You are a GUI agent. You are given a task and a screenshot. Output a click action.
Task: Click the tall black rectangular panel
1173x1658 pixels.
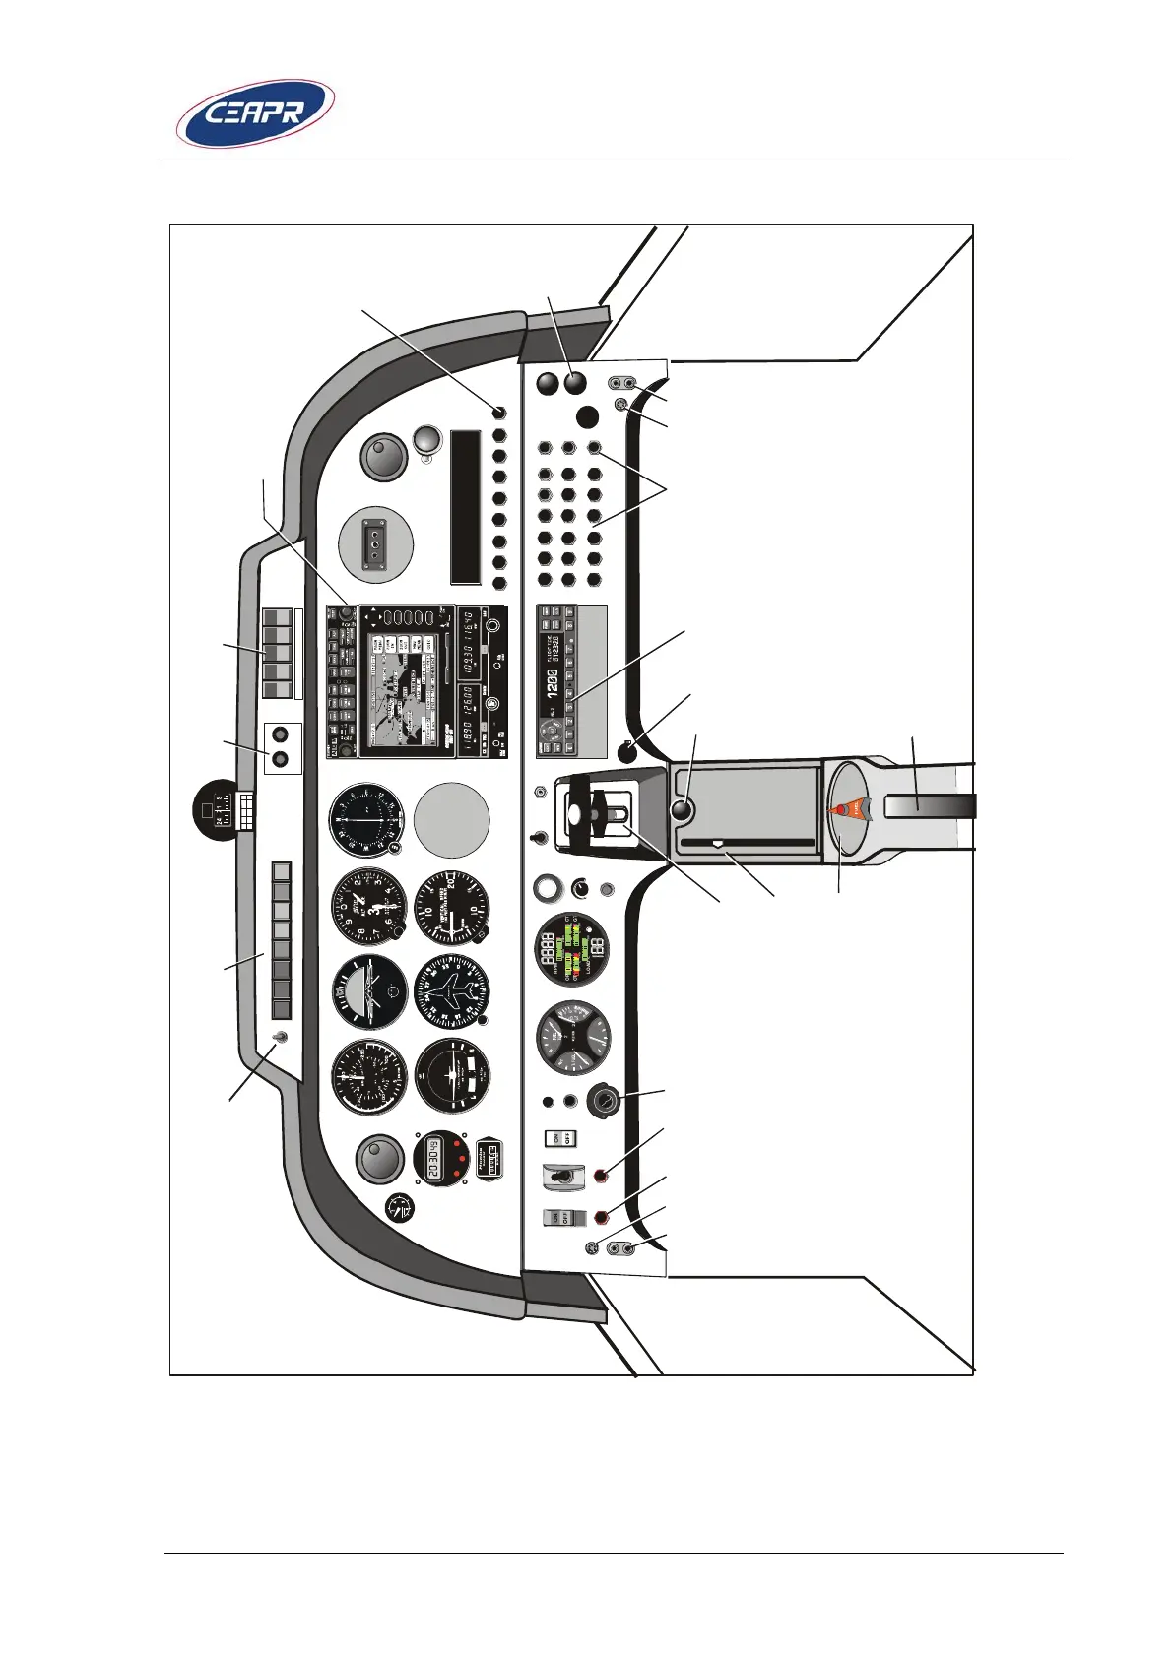(465, 506)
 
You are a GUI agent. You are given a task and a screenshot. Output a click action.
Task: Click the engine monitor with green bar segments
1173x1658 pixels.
(570, 950)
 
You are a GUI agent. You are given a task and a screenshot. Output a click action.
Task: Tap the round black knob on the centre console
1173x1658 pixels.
(681, 811)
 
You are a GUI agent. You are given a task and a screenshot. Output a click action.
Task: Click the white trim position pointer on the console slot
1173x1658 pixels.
(717, 843)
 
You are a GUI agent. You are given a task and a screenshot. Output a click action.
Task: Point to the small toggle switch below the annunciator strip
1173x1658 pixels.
(282, 1037)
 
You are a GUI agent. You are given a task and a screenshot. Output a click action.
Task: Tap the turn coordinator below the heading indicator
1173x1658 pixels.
(452, 1076)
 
